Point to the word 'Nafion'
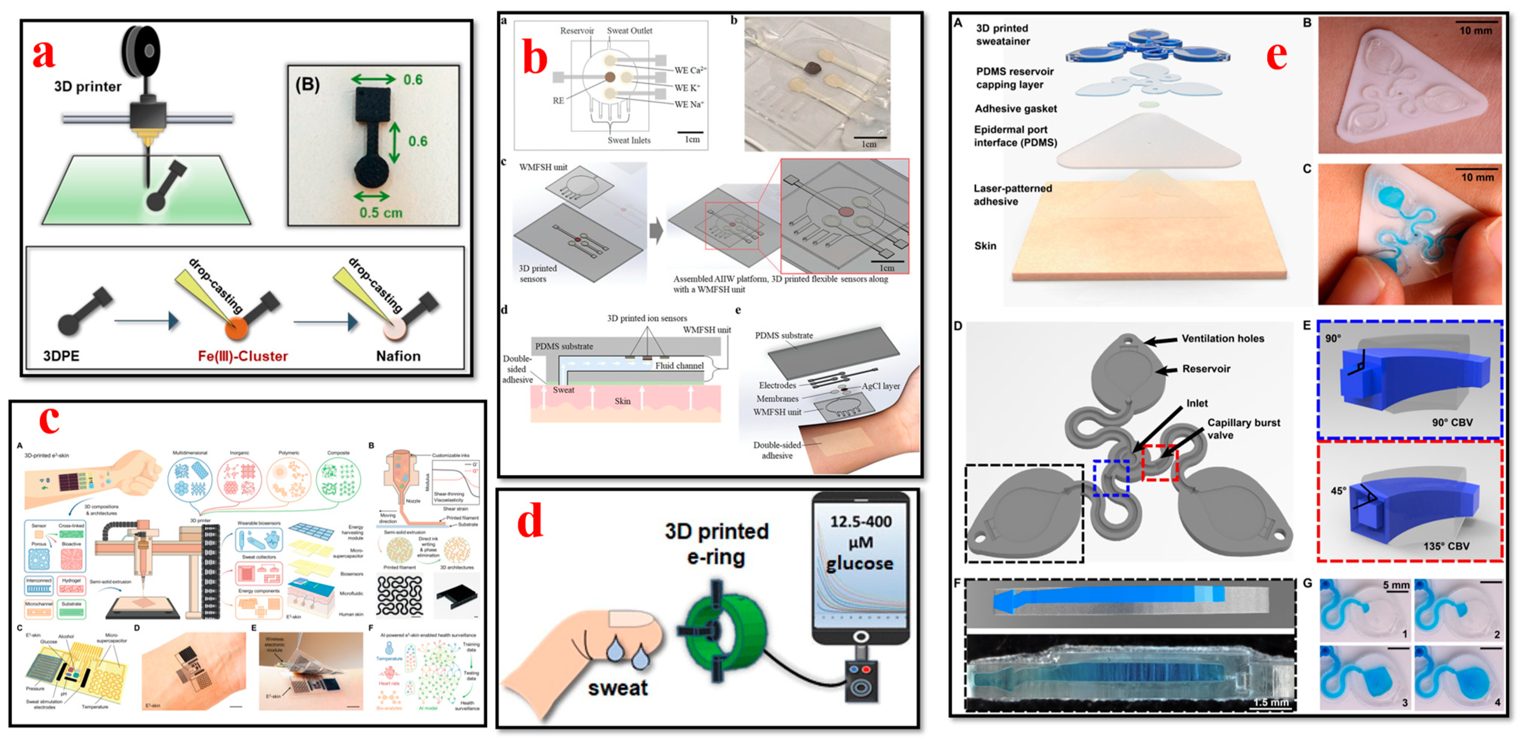(x=398, y=356)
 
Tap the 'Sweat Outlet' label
(x=629, y=31)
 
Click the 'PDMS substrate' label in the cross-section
(x=563, y=346)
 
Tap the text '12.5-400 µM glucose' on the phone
(x=860, y=542)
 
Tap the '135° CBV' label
(x=1446, y=546)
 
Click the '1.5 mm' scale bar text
(x=1270, y=702)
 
